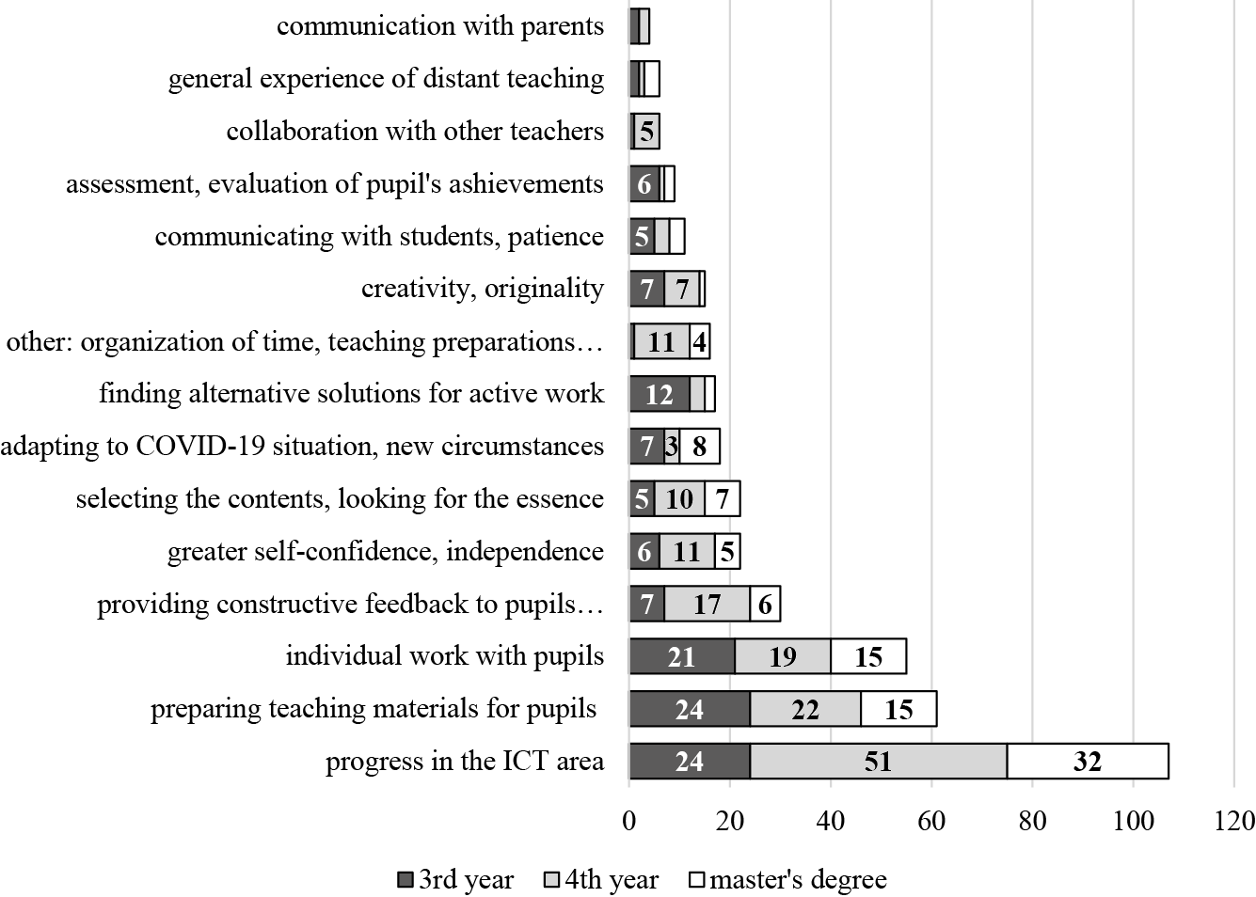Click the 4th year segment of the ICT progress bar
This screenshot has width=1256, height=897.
click(x=878, y=761)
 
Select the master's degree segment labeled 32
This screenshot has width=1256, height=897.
click(x=1088, y=761)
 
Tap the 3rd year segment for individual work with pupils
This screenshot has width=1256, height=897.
click(x=681, y=656)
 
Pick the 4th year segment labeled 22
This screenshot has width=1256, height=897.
click(x=804, y=709)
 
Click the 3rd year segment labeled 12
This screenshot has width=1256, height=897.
click(x=659, y=394)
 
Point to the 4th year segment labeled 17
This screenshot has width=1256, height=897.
click(x=707, y=604)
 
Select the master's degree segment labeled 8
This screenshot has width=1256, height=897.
click(x=699, y=446)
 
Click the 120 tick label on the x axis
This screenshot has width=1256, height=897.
click(x=1234, y=821)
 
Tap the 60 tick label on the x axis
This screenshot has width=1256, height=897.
click(x=931, y=821)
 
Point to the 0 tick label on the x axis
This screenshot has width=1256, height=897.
click(x=629, y=821)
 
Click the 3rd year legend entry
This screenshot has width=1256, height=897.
click(x=455, y=880)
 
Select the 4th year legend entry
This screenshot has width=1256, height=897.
click(x=602, y=880)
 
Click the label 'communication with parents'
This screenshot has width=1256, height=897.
click(x=439, y=26)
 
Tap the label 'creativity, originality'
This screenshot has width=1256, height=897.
click(x=482, y=289)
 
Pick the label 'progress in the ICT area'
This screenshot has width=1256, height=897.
click(x=465, y=761)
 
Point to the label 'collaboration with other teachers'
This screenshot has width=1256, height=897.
click(x=415, y=132)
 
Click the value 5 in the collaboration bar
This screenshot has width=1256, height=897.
click(x=646, y=132)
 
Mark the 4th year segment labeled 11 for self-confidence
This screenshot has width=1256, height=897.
click(x=687, y=551)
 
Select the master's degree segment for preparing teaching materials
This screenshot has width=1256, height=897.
click(x=898, y=709)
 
